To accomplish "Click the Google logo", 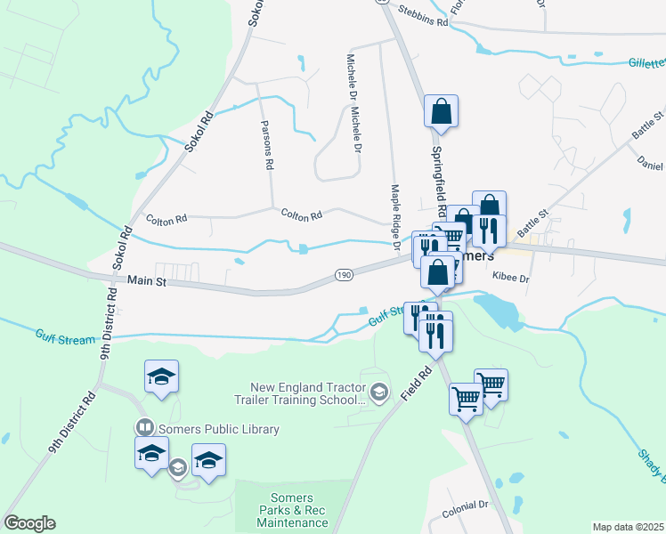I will click(30, 522).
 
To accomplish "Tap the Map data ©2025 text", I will click(628, 527).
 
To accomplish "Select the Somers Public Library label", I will click(216, 429).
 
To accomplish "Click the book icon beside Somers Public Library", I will click(143, 429).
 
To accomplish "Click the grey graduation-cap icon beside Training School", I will click(379, 392).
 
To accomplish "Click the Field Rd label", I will click(415, 384).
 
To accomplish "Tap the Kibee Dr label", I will click(510, 279).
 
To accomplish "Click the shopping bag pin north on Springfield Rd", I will click(441, 112).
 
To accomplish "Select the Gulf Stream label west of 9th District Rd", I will click(64, 336).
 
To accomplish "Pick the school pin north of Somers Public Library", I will click(161, 377).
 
